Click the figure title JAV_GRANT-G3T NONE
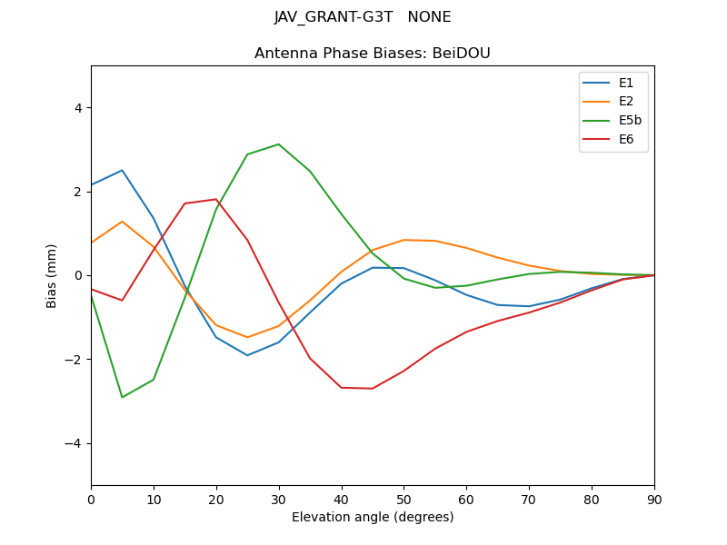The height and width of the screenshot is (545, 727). [x=363, y=17]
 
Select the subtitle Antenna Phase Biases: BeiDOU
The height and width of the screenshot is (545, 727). [x=372, y=54]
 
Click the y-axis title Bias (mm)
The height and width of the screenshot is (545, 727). [x=52, y=275]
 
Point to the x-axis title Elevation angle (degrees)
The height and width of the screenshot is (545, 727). [x=372, y=518]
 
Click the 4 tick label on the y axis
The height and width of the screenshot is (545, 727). [x=77, y=108]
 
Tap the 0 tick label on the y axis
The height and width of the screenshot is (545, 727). [x=77, y=275]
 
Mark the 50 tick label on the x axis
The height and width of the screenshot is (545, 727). [x=403, y=499]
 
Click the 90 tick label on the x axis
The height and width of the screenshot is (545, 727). [x=653, y=499]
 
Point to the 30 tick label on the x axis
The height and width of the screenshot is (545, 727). [x=278, y=499]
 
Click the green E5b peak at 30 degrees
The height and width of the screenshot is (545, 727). [x=278, y=144]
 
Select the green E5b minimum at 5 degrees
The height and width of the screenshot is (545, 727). [x=122, y=397]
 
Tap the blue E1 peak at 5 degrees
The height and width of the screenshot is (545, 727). [x=122, y=170]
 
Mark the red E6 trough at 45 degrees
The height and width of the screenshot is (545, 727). [x=372, y=389]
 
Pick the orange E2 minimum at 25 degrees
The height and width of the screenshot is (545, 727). [x=247, y=337]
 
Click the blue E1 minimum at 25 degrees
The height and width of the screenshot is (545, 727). [x=247, y=355]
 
